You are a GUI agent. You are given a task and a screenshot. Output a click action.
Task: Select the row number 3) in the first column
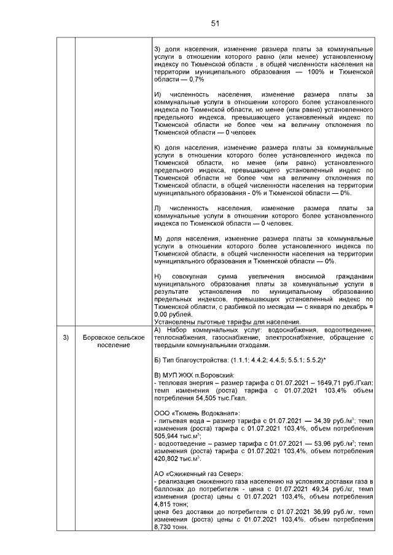tap(65, 338)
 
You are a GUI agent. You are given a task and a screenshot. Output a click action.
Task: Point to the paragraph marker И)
tap(157, 94)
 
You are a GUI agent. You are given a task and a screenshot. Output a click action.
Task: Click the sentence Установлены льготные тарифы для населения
tap(227, 322)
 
